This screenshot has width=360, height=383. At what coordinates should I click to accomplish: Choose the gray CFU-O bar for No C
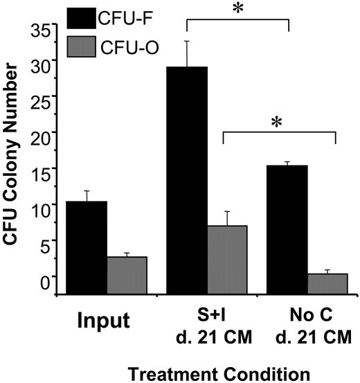[x=327, y=283]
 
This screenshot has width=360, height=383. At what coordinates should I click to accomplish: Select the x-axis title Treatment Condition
[x=207, y=373]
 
